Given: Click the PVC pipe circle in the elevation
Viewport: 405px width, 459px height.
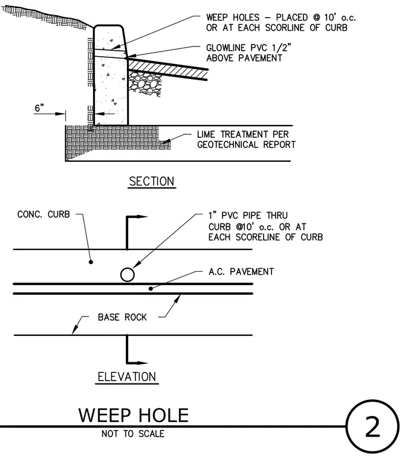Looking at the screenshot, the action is pos(128,275).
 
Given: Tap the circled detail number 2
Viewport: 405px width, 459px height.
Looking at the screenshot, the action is pos(372,427).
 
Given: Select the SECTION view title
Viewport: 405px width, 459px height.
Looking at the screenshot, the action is pos(152,181).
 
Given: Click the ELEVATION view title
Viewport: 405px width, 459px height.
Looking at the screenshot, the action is pos(127,376).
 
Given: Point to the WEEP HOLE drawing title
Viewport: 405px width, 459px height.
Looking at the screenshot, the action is pos(134,415).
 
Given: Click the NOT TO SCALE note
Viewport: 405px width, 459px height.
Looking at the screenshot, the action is pos(133,434).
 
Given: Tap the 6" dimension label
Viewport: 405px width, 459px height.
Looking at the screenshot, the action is pos(39,108).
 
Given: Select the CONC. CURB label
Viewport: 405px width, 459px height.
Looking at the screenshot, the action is pos(44,214).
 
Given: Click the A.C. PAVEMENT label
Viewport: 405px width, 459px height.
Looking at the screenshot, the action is pos(241,272).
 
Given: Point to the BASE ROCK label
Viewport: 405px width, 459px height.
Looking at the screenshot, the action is pos(122,317).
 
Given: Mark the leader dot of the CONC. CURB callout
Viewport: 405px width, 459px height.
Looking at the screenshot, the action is pos(91,262).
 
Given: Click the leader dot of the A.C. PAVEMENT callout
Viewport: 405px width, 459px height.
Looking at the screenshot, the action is pos(151,289).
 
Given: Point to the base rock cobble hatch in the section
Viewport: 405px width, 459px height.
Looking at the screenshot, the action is pos(145,83).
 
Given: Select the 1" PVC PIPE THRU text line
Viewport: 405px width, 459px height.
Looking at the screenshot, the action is pos(248,216).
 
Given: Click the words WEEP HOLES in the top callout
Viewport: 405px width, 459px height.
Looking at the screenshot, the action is pos(233,18).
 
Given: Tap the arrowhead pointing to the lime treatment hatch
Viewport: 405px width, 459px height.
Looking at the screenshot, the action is pos(166,142).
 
